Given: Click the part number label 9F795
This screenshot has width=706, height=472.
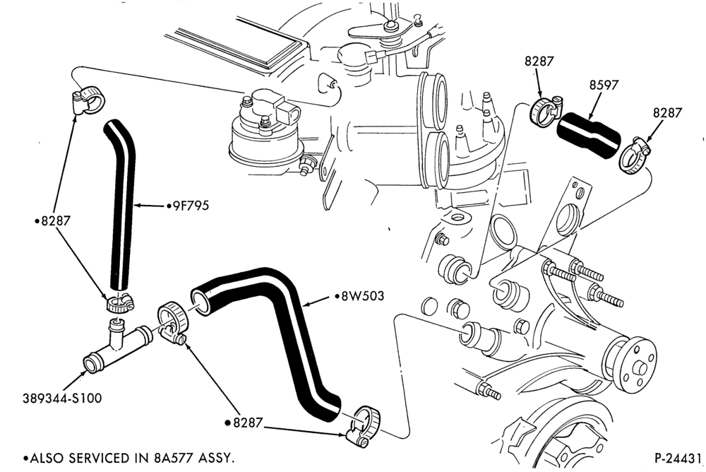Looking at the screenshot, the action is (188, 206).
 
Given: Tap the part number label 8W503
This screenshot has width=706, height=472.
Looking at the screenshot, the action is (359, 296).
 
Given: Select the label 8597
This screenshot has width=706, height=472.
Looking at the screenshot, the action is (604, 85).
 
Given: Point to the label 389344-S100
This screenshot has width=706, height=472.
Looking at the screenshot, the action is (62, 399).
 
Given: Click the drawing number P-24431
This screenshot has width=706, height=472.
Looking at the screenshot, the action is (678, 459).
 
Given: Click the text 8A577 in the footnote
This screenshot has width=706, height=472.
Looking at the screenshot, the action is (172, 459).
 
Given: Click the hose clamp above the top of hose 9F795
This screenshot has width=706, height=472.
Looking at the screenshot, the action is (88, 100).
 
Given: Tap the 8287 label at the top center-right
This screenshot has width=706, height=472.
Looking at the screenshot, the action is (539, 61).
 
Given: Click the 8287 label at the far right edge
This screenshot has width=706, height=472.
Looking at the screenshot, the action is (668, 113).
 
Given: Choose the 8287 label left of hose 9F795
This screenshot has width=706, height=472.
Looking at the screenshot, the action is (53, 221).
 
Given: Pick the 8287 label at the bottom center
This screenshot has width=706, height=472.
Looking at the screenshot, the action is (244, 423).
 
